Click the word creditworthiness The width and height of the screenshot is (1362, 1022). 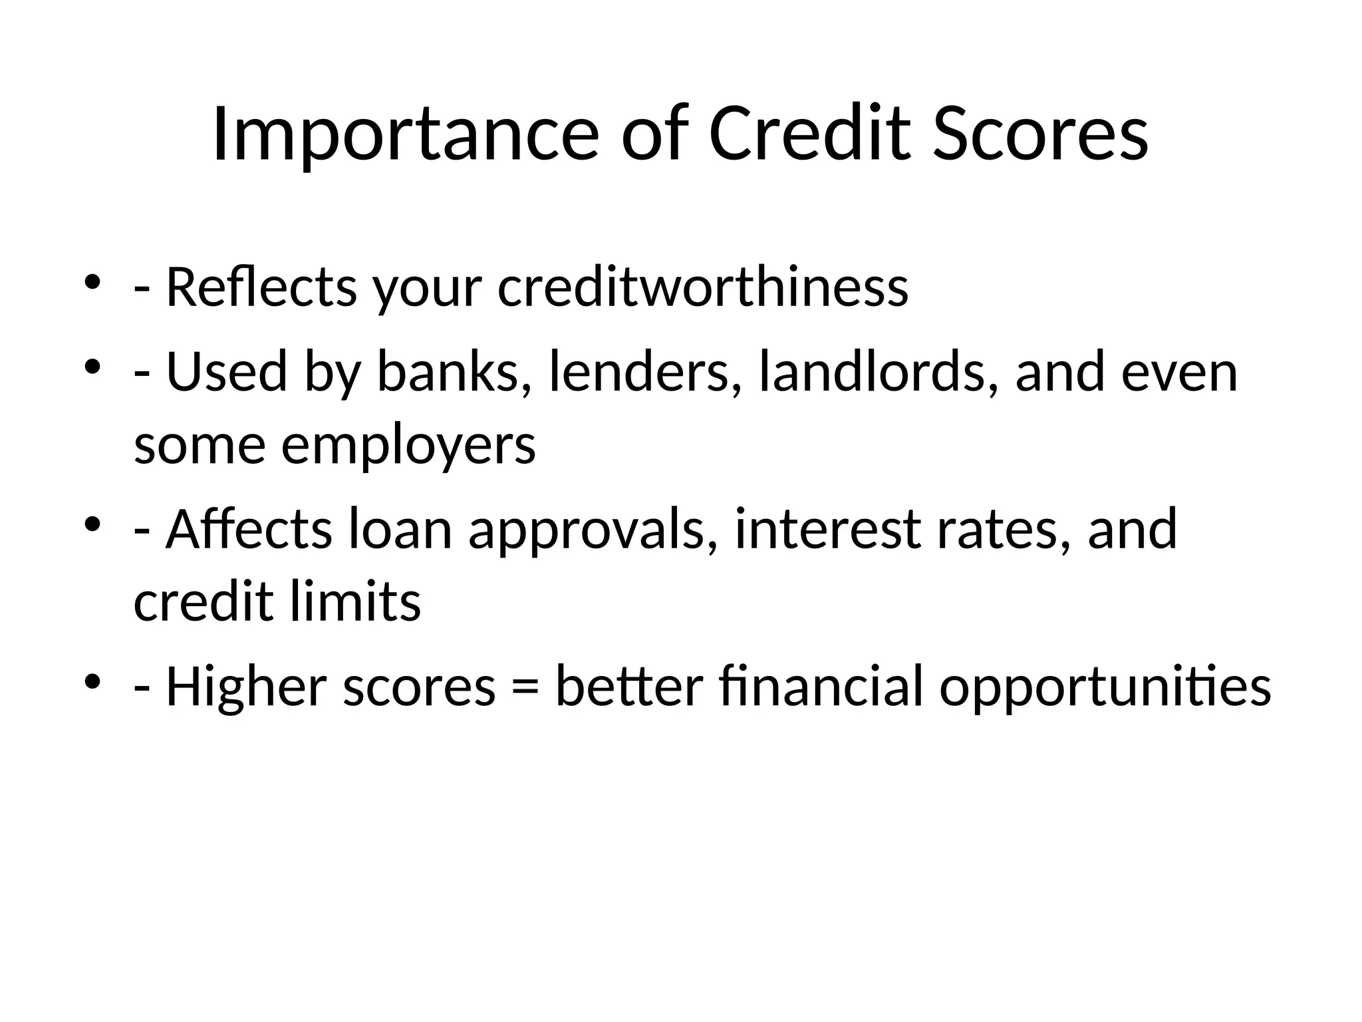click(702, 287)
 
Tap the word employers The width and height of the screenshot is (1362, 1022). click(408, 446)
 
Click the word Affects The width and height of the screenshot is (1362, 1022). click(249, 530)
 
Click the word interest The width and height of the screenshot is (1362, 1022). click(827, 530)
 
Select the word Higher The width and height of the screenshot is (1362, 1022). click(245, 687)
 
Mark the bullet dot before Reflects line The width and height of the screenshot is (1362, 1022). click(92, 283)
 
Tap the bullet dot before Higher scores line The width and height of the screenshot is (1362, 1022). click(92, 682)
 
